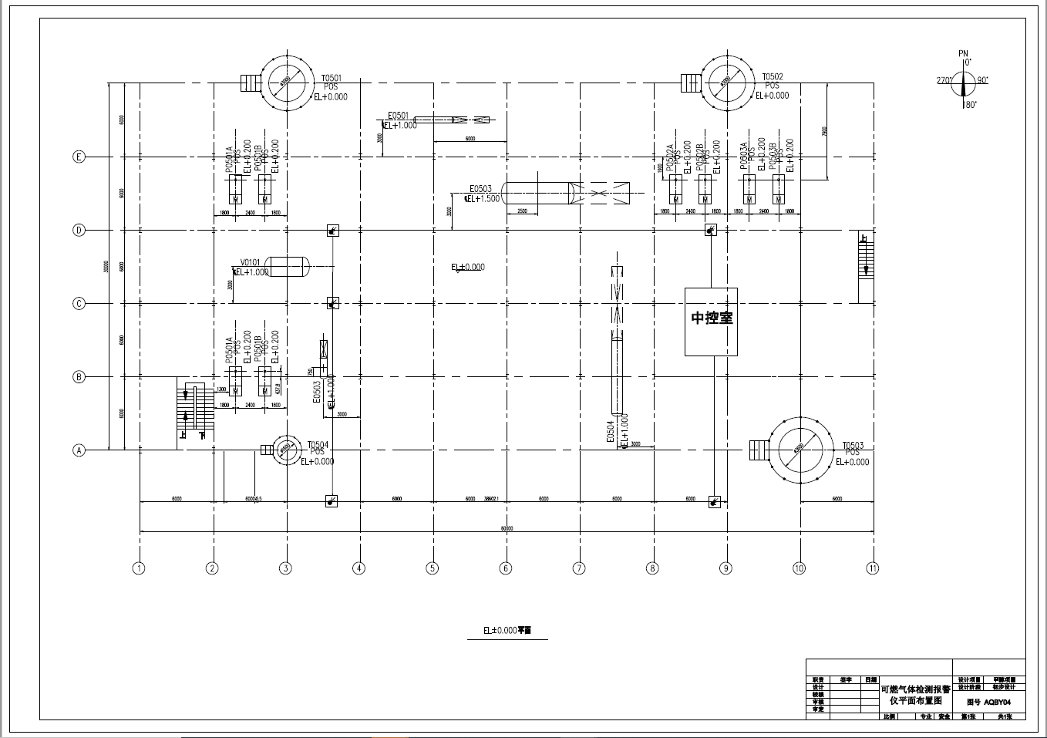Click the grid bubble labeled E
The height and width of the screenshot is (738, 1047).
click(x=79, y=157)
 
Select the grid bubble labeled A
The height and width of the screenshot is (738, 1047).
click(x=79, y=450)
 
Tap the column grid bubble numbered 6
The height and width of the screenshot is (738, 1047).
click(x=506, y=568)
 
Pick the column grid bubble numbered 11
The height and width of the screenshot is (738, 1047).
click(x=872, y=568)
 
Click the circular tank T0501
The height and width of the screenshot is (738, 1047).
click(x=286, y=80)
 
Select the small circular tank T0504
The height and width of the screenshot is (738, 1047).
click(x=285, y=449)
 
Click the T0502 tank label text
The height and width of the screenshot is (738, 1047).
click(x=773, y=77)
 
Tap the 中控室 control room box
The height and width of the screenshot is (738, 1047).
click(x=711, y=322)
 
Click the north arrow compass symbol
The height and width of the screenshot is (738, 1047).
click(x=963, y=81)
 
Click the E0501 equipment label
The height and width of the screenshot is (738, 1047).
click(x=398, y=116)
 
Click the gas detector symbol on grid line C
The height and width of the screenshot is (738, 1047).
click(x=333, y=303)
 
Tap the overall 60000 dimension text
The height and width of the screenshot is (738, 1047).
click(x=506, y=528)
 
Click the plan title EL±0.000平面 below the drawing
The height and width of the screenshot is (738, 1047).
click(x=507, y=630)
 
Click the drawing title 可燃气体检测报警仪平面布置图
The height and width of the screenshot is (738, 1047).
click(x=916, y=695)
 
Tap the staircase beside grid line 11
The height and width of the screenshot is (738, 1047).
click(x=866, y=267)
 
